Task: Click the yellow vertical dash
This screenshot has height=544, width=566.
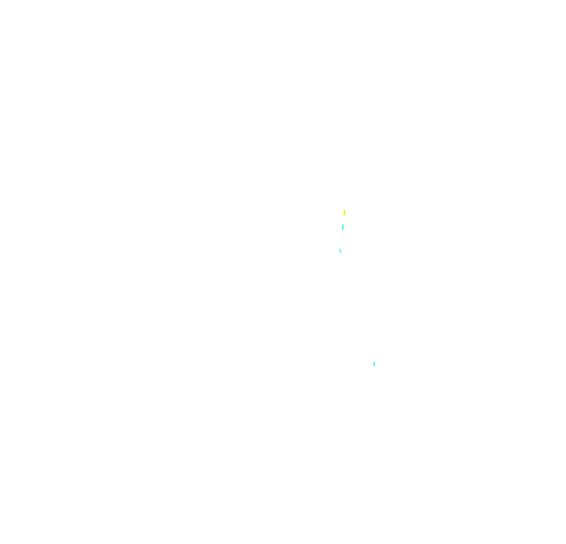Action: coord(344,212)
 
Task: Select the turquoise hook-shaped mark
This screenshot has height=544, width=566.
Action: coord(343,227)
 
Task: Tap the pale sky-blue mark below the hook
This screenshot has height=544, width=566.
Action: coord(340,251)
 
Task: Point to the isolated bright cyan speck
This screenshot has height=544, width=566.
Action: coord(374,363)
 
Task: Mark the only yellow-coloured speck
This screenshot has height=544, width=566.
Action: coord(344,212)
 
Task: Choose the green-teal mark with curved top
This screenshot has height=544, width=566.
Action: coord(343,227)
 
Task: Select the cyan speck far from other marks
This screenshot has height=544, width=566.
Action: coord(374,363)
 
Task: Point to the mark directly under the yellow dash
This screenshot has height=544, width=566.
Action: coord(343,227)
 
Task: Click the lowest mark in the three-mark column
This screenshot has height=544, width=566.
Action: coord(340,251)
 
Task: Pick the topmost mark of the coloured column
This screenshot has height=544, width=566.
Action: coord(344,212)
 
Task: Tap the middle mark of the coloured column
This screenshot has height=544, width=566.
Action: coord(343,227)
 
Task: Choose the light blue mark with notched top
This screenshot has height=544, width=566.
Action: coord(340,251)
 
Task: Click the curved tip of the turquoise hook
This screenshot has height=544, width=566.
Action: coord(344,226)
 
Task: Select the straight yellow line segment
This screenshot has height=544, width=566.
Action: coord(344,212)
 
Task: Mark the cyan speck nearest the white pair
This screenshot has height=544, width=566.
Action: coord(374,363)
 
